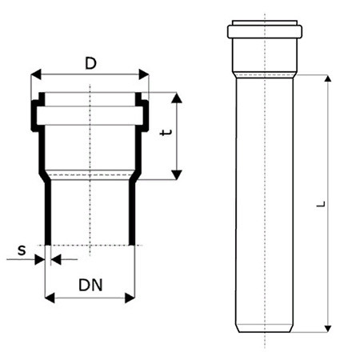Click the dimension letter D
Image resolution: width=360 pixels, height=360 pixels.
pos(90,64)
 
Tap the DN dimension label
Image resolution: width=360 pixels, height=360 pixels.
pos(90,285)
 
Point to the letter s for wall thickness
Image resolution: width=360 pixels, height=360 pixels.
pos(22,250)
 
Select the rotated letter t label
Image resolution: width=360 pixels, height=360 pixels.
pos(166,132)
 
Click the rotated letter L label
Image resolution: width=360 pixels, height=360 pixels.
pos(321,204)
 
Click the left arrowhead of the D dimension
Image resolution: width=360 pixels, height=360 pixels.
pos(36,74)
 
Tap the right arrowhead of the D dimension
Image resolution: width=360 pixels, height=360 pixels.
pos(144,74)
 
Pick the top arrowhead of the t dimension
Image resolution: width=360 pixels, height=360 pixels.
pos(177,98)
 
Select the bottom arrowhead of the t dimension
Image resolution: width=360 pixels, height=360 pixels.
pos(177,174)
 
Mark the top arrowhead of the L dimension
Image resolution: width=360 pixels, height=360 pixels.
pos(328,78)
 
